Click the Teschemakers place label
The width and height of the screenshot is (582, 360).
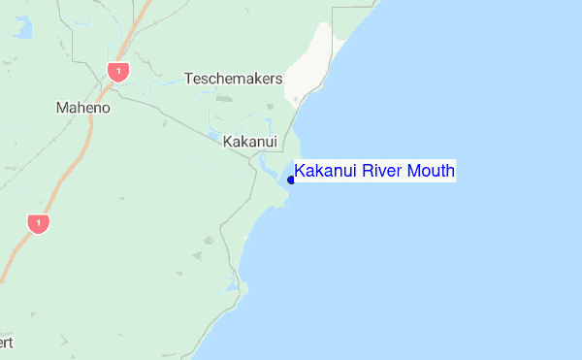233,78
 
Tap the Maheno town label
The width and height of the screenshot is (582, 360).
83,108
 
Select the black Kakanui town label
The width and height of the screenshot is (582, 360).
250,142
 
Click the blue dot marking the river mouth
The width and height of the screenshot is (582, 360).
291,180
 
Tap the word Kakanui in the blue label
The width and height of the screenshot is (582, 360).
326,172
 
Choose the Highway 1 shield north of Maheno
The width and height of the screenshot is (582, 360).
118,71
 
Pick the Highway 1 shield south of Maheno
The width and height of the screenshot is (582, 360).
38,224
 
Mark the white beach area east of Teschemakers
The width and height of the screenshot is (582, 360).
312,63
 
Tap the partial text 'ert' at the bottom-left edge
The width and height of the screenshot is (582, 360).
7,343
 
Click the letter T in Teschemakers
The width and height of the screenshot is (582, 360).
188,78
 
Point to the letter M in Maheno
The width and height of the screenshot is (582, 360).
63,108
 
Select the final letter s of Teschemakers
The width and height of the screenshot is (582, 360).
278,78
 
